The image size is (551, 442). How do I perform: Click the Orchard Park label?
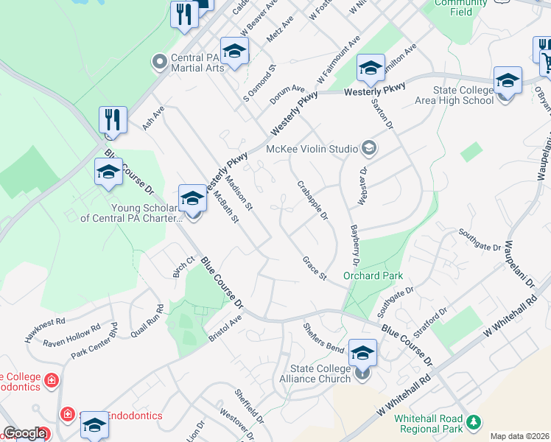tap(372, 276)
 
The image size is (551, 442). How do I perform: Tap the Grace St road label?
tap(314, 267)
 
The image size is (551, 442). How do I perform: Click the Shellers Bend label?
tap(325, 336)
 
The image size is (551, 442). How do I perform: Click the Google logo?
tap(24, 433)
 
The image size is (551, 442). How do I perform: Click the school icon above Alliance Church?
tap(362, 351)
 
